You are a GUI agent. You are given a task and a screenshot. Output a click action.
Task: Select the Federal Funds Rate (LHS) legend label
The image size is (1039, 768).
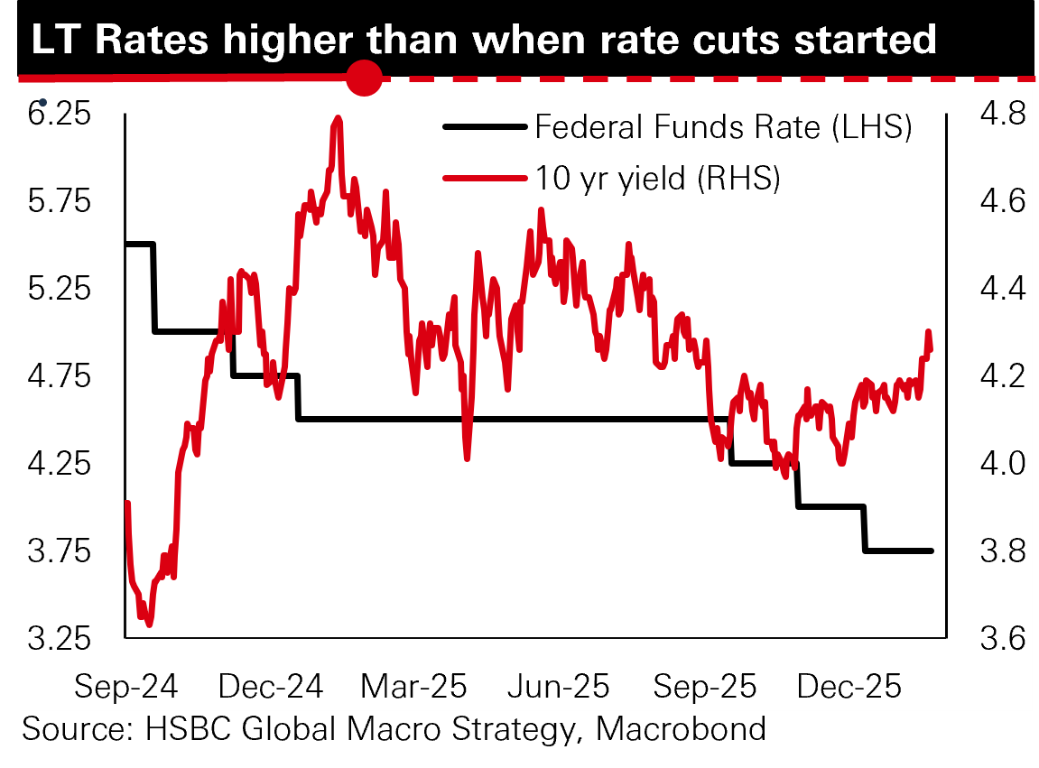[x=723, y=127]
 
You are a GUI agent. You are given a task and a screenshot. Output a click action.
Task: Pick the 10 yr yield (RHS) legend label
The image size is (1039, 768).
[x=656, y=179]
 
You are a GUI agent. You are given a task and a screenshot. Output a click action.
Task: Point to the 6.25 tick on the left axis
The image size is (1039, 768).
[x=60, y=115]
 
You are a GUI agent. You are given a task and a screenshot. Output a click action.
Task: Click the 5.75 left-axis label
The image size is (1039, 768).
[x=60, y=201]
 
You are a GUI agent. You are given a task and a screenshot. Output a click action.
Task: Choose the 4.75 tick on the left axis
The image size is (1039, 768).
[x=60, y=376]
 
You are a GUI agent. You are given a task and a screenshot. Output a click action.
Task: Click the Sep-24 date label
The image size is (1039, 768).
[x=125, y=687]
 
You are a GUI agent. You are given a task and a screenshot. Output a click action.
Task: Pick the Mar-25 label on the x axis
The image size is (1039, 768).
[x=413, y=687]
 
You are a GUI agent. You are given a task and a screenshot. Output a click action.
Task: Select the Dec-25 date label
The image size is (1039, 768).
[x=849, y=687]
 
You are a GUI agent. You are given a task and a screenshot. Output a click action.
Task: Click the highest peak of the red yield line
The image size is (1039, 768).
[x=338, y=117]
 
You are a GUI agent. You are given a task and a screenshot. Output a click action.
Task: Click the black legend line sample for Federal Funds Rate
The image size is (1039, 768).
[x=484, y=127]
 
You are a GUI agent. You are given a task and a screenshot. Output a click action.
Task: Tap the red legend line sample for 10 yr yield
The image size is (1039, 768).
[x=484, y=179]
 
